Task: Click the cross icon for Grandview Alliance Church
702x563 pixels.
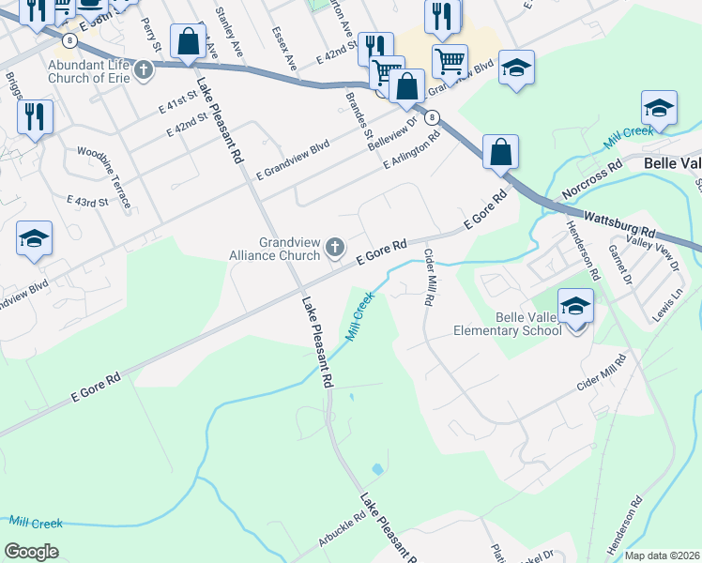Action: [x=334, y=249]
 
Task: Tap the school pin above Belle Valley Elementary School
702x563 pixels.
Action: [x=575, y=306]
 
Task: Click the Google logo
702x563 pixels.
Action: [x=31, y=551]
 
